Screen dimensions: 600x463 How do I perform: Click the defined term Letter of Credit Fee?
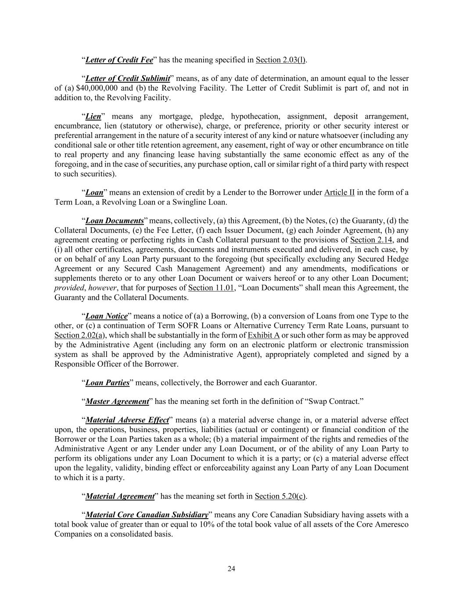coord(119,60)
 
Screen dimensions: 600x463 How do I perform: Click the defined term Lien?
coord(93,116)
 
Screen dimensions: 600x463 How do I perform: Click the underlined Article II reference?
coord(339,193)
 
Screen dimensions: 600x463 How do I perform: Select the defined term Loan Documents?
coord(115,221)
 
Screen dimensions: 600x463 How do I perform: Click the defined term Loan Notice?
coord(106,316)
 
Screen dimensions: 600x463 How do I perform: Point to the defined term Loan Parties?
coord(107,383)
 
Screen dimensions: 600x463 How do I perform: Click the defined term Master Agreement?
coord(117,401)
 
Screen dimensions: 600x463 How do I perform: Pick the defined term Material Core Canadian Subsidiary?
coord(147,515)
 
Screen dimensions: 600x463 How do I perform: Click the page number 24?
coord(231,569)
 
